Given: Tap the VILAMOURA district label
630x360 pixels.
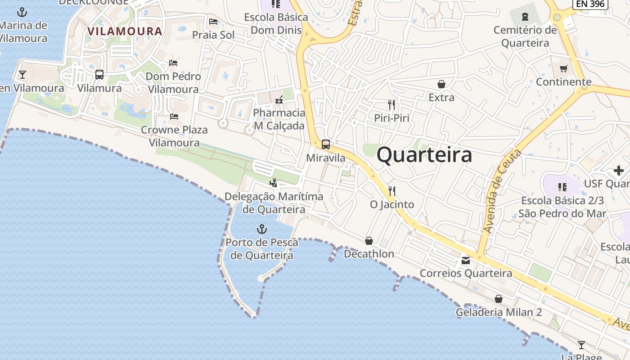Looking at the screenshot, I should tap(125, 31).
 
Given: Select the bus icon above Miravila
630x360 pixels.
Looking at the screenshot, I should tap(326, 144).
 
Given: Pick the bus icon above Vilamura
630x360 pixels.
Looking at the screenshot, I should tap(99, 75).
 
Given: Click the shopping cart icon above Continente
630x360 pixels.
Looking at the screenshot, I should tap(563, 68).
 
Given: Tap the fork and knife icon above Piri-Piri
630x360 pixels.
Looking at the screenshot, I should tap(391, 105).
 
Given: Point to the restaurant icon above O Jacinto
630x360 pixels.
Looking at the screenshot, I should tap(391, 191).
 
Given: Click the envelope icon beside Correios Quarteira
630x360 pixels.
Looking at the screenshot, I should tap(466, 261).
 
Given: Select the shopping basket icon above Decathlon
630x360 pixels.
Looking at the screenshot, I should tap(369, 241).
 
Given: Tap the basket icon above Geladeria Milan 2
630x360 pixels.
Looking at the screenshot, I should tap(499, 299).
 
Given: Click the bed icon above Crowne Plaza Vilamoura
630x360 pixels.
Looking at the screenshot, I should tap(174, 117).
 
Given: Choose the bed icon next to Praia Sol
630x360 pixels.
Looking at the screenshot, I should tap(213, 22).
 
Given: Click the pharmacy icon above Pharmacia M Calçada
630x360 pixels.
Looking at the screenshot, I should tap(279, 99).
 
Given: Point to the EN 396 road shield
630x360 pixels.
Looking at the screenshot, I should tap(590, 4).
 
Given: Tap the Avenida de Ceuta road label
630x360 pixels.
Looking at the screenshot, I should tap(502, 191).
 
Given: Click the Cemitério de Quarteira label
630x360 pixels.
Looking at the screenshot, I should tap(525, 36).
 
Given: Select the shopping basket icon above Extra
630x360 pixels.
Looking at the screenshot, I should tap(441, 84).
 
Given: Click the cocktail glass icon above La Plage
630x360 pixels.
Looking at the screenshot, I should tap(581, 345).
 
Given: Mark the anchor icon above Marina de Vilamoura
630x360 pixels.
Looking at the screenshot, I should tap(22, 12).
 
